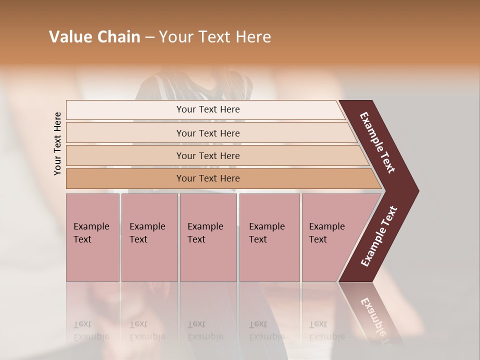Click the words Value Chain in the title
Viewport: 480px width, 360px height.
point(94,37)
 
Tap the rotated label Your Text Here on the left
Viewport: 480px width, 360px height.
point(57,143)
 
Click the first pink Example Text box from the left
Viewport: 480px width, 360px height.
point(92,237)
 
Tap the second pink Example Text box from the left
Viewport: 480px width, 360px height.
point(149,237)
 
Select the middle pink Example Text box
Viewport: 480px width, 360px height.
point(208,237)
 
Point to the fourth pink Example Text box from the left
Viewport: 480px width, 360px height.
point(269,237)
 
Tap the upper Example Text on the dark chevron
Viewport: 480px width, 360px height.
point(377,142)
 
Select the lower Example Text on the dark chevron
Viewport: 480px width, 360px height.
point(379,236)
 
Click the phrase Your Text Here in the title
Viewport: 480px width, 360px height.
point(215,37)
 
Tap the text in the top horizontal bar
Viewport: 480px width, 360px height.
point(208,109)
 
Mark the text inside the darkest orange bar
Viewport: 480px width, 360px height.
point(208,178)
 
